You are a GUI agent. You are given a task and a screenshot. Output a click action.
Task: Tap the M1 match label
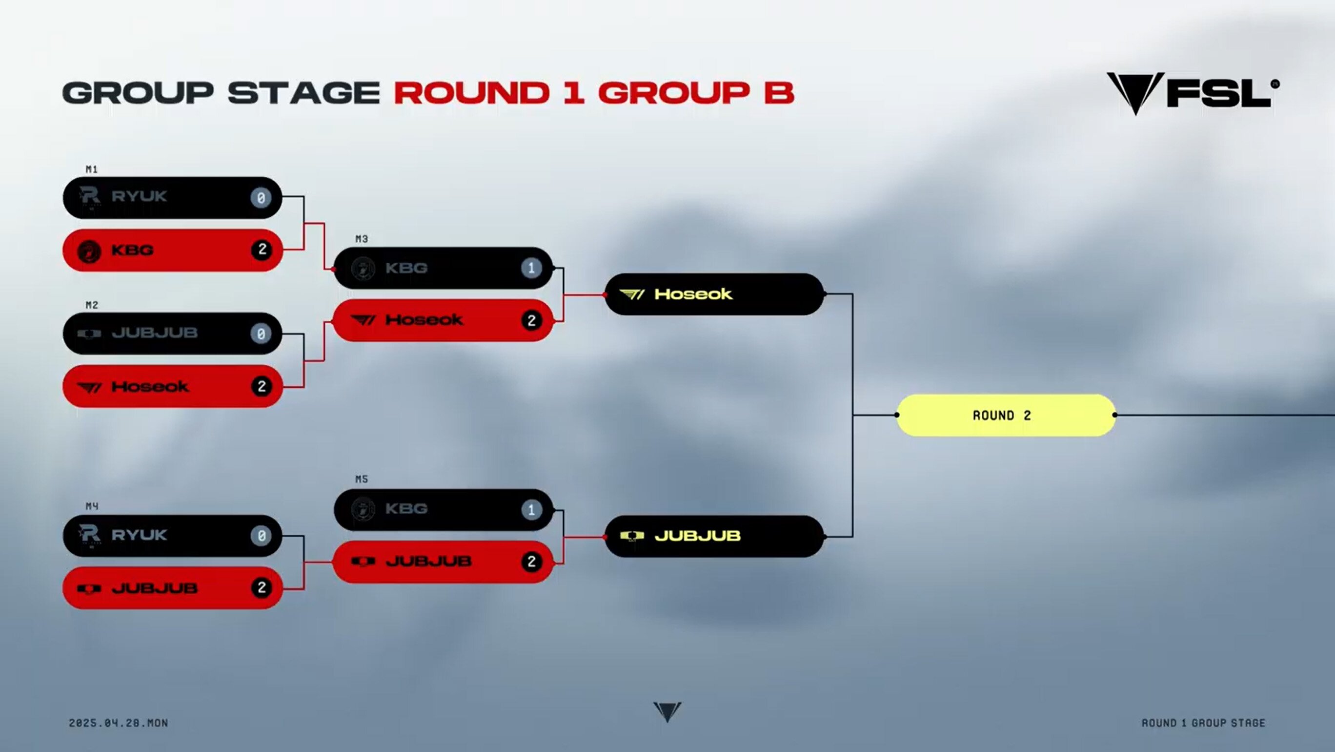coord(92,169)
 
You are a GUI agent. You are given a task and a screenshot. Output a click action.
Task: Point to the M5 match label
coord(362,479)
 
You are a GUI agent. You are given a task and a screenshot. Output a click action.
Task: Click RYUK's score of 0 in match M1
coord(261,198)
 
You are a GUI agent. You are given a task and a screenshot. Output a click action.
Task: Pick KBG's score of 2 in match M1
coord(262,250)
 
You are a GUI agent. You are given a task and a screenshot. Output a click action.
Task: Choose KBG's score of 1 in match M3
coord(531,268)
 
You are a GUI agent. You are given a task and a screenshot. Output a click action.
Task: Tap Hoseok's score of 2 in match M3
coord(532,320)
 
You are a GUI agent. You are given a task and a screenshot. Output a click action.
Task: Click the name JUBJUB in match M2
coord(155,333)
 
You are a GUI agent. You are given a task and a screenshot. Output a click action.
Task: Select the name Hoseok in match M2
coord(150,386)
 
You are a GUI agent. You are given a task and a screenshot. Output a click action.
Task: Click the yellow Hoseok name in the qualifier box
coord(693,294)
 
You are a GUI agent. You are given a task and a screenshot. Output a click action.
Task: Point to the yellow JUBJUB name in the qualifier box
coord(698,536)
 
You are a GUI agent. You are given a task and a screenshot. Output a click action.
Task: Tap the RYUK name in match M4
coord(139,535)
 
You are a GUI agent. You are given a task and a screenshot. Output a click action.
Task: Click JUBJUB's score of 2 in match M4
coord(262,587)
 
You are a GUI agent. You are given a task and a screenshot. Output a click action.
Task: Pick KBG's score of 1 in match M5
coord(531,510)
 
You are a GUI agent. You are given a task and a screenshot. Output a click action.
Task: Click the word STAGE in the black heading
coord(303,93)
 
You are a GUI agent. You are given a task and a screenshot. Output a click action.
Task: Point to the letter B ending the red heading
coord(779,93)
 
